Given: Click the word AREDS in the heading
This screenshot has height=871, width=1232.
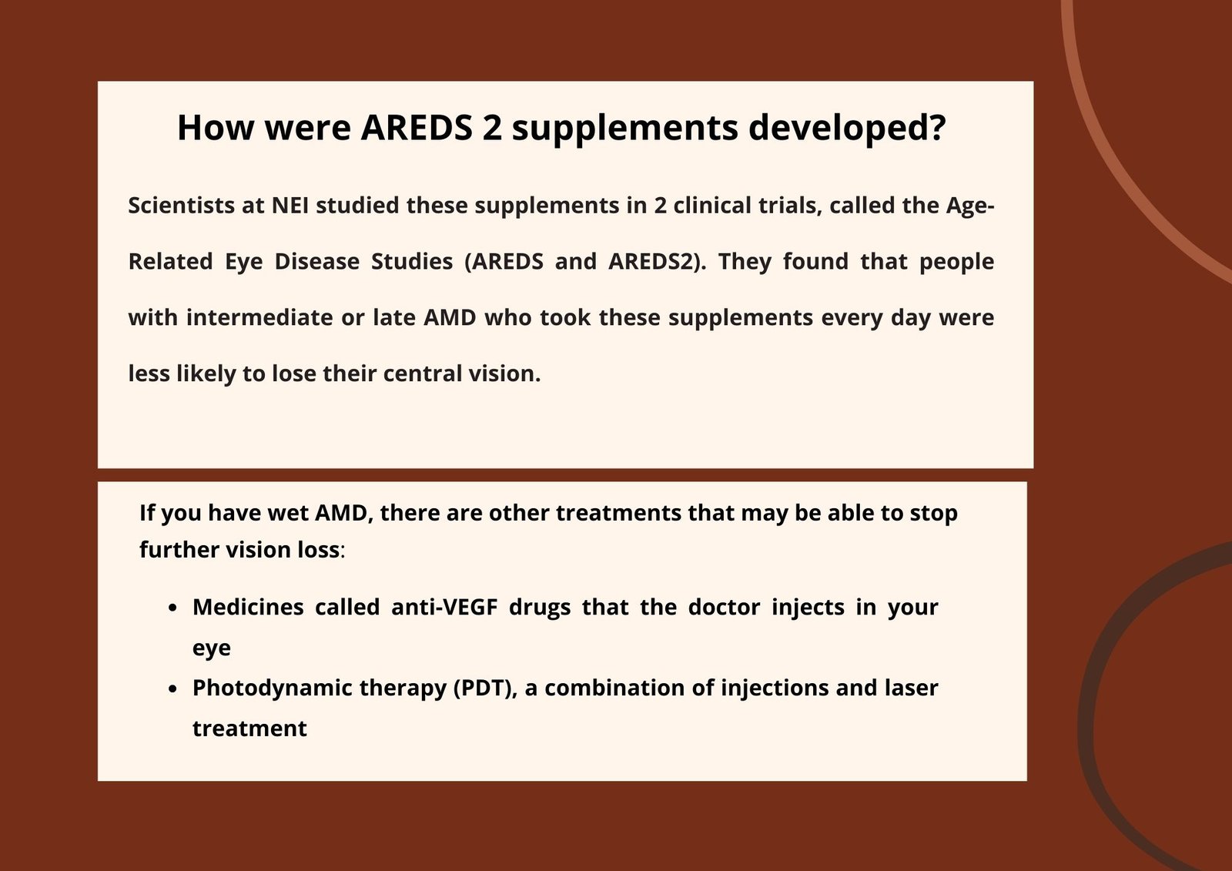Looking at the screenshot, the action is (417, 128).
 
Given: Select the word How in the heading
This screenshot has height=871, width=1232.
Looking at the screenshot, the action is (216, 128).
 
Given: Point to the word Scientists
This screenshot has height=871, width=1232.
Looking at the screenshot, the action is (182, 206).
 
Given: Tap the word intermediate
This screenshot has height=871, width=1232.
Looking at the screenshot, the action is (259, 317).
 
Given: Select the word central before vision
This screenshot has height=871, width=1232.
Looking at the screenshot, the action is (423, 374).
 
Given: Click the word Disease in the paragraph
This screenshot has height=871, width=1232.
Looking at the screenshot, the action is (316, 262).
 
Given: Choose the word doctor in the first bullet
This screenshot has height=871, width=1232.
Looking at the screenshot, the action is (724, 608).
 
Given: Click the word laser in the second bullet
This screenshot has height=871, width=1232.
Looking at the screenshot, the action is (912, 688).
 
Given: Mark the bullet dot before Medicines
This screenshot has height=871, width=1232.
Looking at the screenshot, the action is (172, 608).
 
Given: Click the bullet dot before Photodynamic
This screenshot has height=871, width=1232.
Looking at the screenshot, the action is (172, 689).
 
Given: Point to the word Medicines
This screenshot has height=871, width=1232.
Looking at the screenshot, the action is (248, 608).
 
